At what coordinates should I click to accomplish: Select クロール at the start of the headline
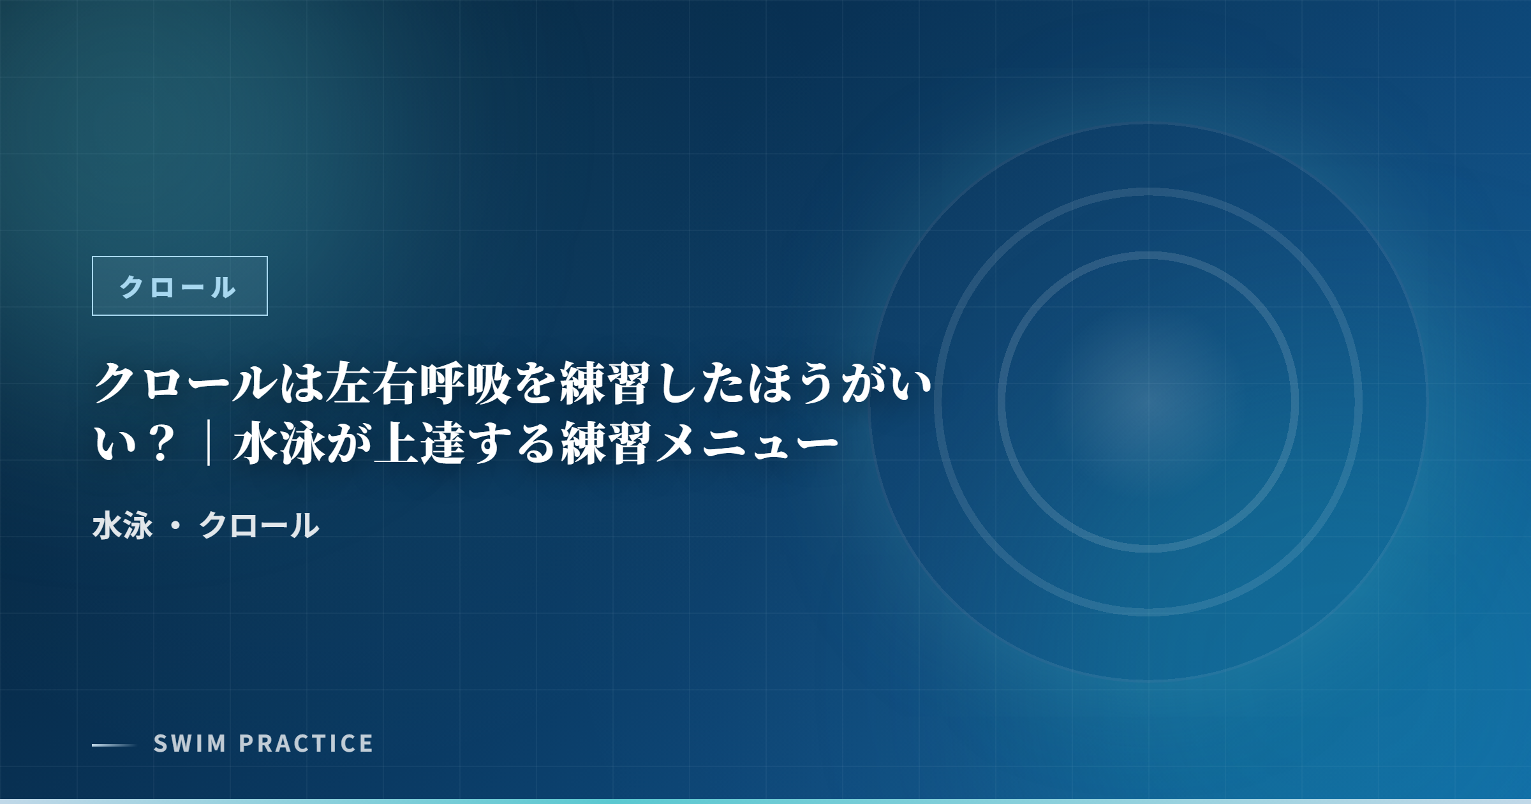tap(186, 383)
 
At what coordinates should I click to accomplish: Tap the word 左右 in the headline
tap(371, 383)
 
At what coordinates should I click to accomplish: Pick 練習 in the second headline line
tap(607, 443)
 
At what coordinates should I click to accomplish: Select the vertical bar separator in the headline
tap(209, 443)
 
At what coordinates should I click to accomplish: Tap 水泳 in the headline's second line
tap(279, 443)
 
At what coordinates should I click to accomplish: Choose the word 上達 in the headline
tap(420, 443)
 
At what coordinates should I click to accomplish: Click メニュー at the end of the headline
tap(747, 443)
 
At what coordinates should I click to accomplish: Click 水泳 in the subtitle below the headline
tap(122, 526)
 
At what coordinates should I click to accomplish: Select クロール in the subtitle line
tap(259, 526)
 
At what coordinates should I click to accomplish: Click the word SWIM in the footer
tap(190, 743)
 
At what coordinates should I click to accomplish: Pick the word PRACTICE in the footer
tap(306, 743)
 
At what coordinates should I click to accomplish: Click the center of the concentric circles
tap(1148, 402)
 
